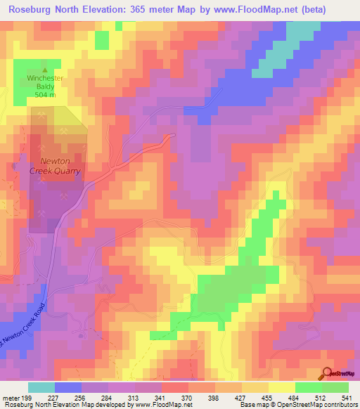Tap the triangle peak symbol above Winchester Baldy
pyautogui.click(x=45, y=70)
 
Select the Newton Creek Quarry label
pyautogui.click(x=55, y=165)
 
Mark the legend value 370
pyautogui.click(x=186, y=397)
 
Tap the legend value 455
pyautogui.click(x=265, y=397)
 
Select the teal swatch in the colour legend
pyautogui.click(x=41, y=387)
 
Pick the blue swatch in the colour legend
pyautogui.click(x=68, y=387)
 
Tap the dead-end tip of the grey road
pyautogui.click(x=173, y=134)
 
